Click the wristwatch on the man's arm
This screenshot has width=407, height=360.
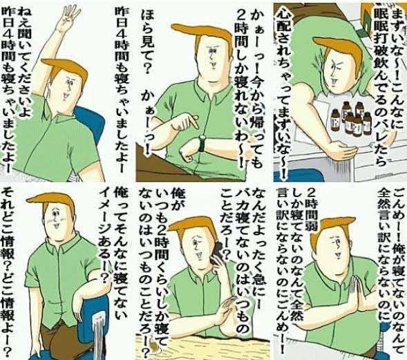(x=202, y=142)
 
